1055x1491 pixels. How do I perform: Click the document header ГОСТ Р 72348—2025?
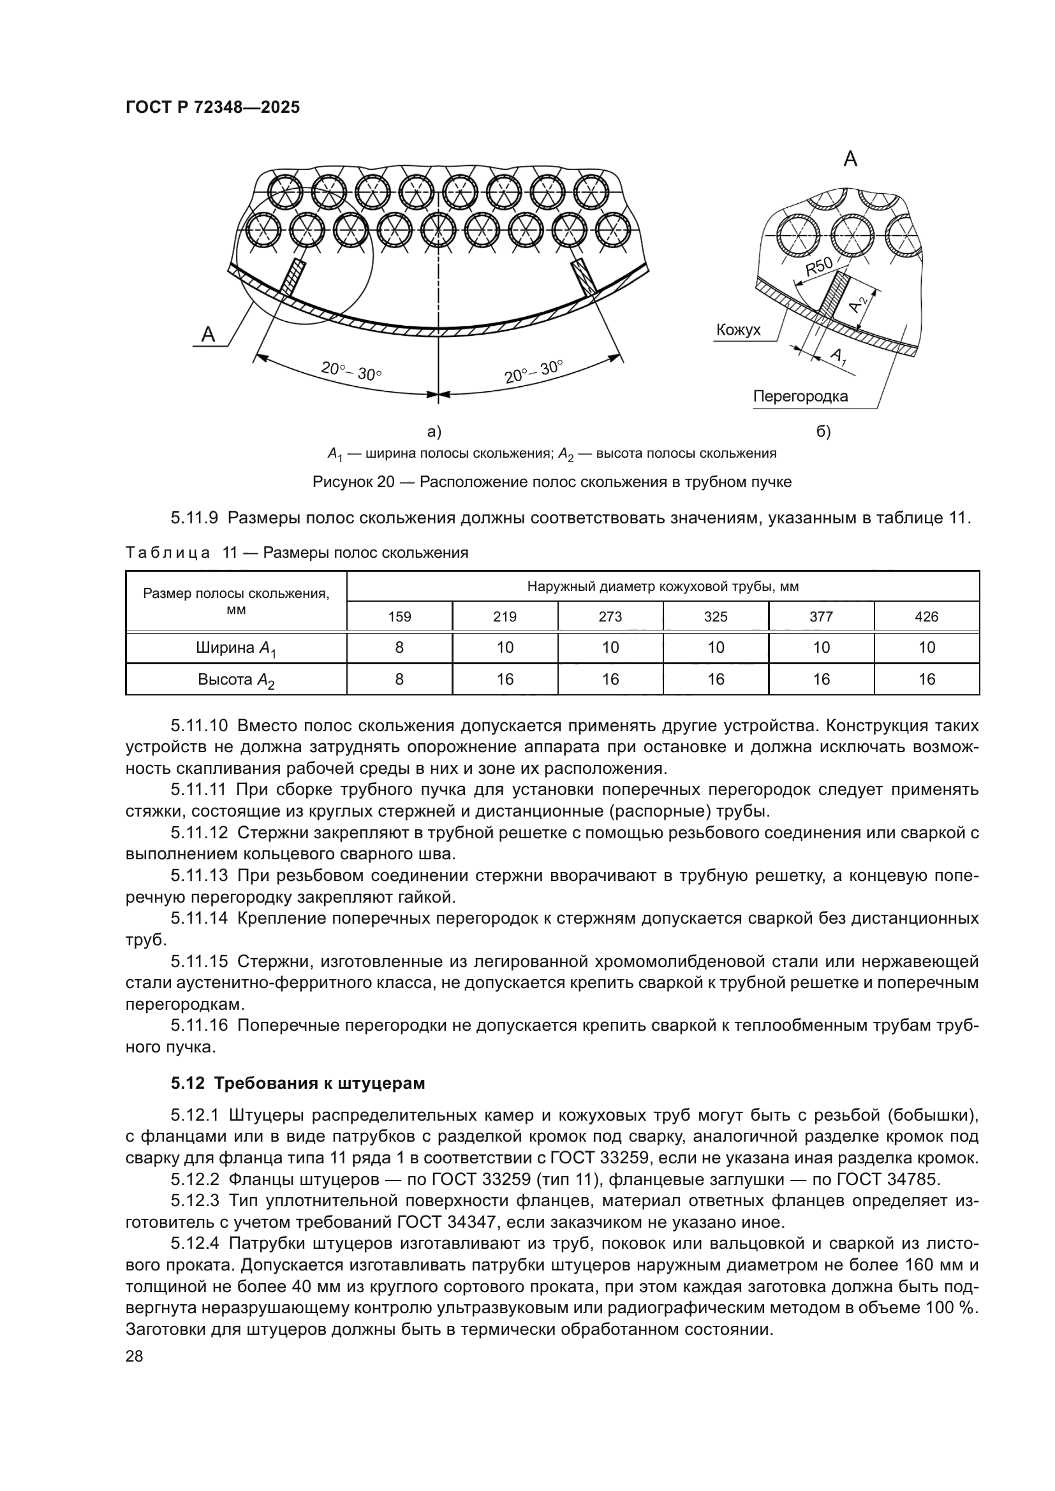(212, 108)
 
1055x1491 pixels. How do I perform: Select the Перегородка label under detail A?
(800, 396)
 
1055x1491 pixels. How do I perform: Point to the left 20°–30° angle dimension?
(351, 372)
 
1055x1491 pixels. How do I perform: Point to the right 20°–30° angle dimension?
(533, 372)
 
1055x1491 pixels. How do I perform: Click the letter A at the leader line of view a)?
(208, 335)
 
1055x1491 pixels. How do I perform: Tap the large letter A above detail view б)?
(850, 159)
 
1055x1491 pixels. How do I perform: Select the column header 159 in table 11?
(399, 616)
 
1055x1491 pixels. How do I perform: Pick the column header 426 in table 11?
(926, 616)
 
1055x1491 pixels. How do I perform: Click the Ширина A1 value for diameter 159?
(399, 648)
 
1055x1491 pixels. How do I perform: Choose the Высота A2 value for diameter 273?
(610, 680)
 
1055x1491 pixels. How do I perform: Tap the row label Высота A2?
(236, 680)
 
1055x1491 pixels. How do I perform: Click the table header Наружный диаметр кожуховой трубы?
(663, 586)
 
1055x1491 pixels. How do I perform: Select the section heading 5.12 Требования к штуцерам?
(298, 1083)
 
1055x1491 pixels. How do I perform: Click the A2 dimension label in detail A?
(859, 303)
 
